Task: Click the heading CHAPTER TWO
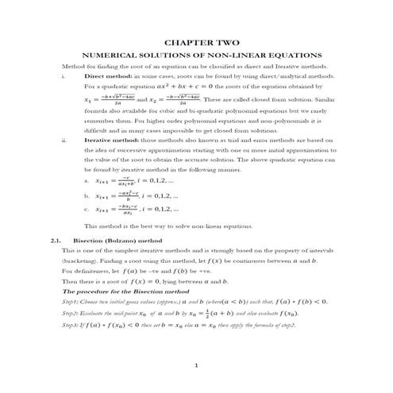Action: pyautogui.click(x=195, y=41)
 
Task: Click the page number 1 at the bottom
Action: pyautogui.click(x=196, y=364)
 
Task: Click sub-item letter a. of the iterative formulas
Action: pyautogui.click(x=87, y=180)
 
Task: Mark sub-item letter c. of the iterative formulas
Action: pyautogui.click(x=87, y=210)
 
